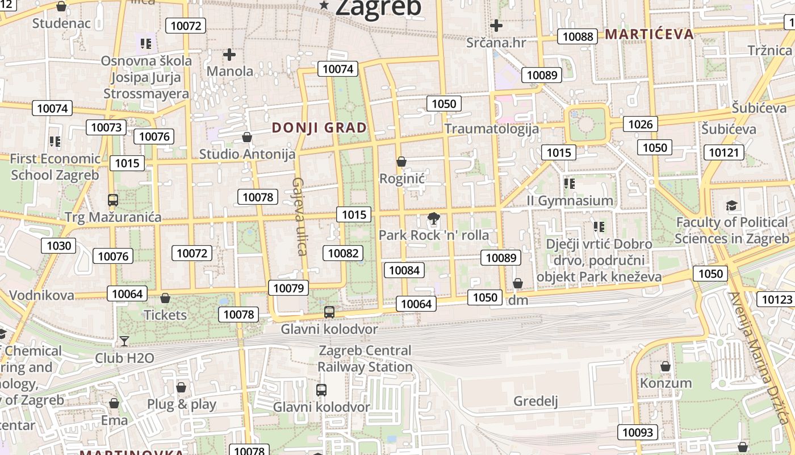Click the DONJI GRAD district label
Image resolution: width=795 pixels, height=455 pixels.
319,127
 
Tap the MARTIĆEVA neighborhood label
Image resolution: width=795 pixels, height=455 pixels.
649,34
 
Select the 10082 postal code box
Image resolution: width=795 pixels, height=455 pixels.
344,253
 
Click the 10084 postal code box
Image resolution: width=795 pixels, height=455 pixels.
405,270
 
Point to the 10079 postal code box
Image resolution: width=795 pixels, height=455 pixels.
289,288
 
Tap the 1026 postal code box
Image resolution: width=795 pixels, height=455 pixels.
641,124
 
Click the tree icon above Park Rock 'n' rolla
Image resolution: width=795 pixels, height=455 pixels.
434,218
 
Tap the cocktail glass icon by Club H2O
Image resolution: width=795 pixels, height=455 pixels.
124,341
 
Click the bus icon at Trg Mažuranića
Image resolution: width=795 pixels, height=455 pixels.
113,200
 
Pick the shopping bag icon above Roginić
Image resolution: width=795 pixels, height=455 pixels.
401,162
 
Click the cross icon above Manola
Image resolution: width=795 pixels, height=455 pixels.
229,55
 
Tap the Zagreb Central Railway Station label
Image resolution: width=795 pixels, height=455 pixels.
365,358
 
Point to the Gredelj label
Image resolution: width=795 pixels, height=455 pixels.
535,401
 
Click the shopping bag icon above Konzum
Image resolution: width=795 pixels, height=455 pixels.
666,366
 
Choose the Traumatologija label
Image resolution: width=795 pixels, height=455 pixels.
492,129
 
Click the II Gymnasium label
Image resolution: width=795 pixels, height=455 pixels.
570,200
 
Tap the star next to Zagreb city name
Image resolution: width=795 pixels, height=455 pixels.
324,5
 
